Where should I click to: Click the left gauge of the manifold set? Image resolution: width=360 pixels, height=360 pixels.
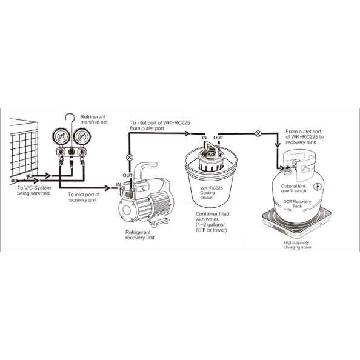(61, 137)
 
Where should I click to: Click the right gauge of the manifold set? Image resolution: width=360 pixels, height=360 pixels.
(82, 137)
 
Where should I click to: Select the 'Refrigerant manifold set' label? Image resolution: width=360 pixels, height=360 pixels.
(94, 119)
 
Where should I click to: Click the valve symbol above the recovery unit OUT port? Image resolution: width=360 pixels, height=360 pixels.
(130, 157)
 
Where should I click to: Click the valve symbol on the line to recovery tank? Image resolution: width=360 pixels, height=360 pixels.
(258, 133)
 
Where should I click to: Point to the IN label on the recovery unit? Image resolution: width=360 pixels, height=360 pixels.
(118, 185)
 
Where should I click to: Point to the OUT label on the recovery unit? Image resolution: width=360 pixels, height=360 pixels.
(127, 175)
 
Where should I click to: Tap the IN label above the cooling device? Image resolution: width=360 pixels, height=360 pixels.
(204, 138)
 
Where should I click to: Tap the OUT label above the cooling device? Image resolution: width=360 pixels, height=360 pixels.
(218, 138)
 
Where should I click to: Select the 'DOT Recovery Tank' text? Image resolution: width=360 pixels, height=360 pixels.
(297, 204)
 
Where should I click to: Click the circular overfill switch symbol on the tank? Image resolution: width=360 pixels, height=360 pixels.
(318, 187)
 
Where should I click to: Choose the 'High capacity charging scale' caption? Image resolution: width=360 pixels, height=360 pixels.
(297, 245)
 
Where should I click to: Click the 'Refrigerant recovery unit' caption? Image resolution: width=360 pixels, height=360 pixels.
(139, 235)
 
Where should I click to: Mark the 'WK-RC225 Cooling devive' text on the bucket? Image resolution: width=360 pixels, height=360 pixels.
(212, 193)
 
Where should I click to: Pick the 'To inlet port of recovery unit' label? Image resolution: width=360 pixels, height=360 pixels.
(84, 197)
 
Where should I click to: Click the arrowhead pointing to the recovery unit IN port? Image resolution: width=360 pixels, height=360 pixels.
(107, 188)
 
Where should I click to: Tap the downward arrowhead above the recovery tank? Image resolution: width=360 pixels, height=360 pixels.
(278, 145)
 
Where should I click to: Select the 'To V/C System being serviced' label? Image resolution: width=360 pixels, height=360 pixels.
(34, 190)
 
